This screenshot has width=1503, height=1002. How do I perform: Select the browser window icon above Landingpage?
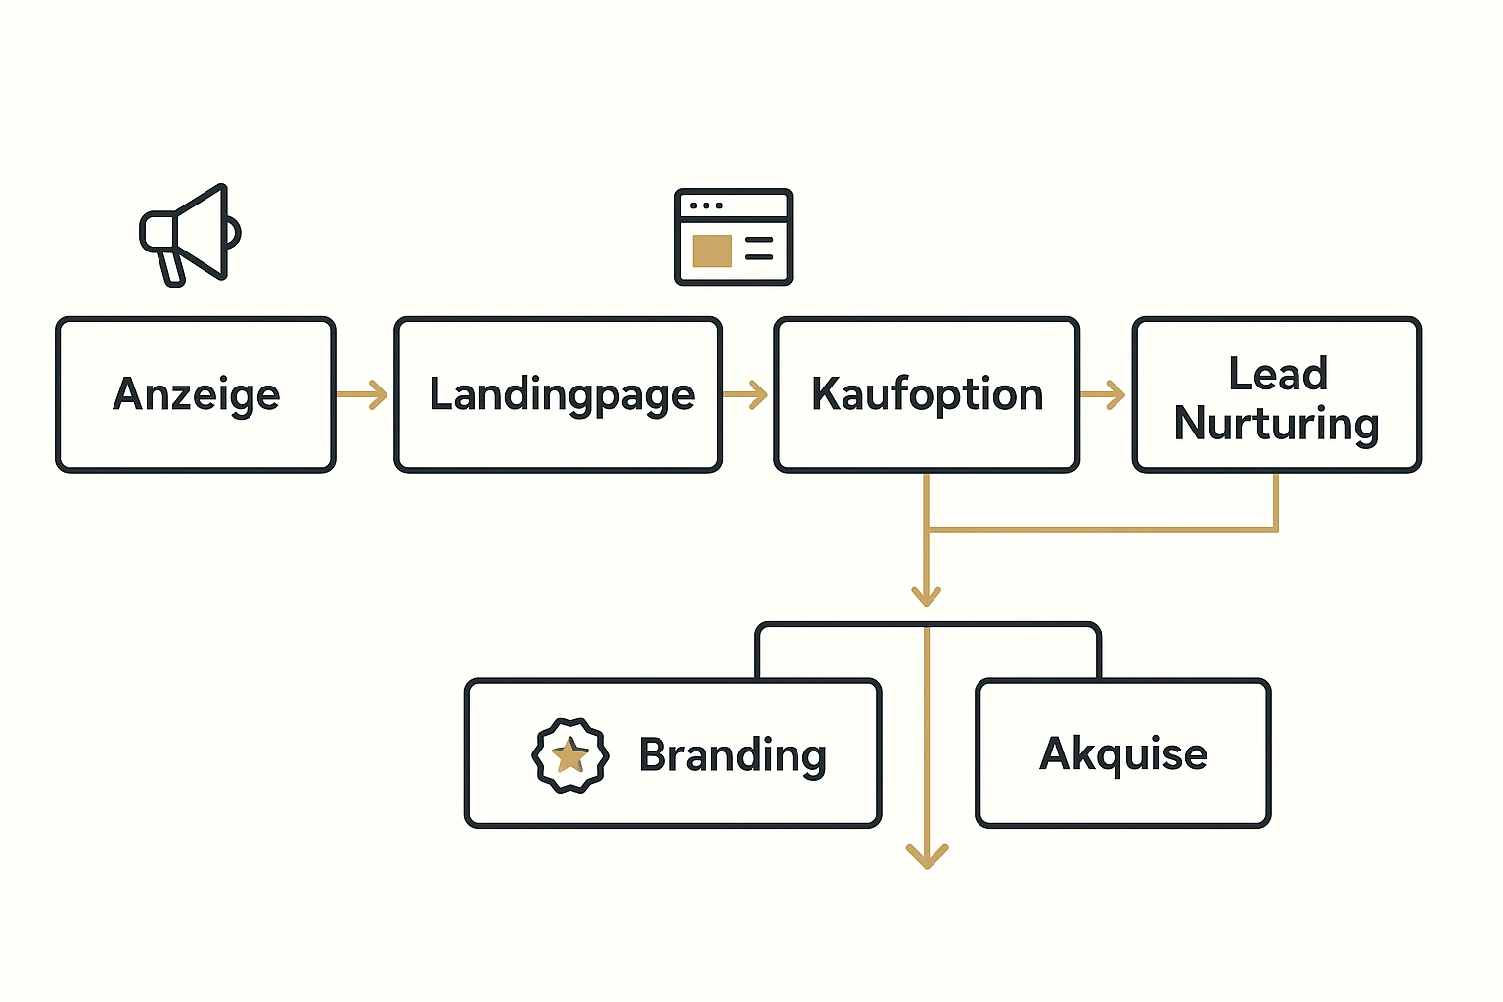coord(733,237)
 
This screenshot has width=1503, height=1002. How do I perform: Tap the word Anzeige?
coord(197,395)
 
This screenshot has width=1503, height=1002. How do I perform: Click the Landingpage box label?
coord(562,395)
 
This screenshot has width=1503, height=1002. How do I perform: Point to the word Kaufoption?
coord(927,394)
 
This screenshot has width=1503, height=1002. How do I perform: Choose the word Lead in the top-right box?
coord(1278,374)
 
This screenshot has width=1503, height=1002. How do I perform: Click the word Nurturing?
coord(1276,424)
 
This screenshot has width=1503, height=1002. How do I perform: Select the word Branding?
coord(732,755)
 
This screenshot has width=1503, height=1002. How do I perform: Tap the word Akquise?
coord(1123,754)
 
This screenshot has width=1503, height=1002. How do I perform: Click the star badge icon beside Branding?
coord(570,755)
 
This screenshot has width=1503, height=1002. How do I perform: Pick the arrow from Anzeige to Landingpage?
coord(363,395)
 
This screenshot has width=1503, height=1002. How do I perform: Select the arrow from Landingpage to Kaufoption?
coord(746,395)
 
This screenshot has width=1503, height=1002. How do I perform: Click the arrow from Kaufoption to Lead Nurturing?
coord(1104,395)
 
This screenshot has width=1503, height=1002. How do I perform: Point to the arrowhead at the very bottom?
coord(927,856)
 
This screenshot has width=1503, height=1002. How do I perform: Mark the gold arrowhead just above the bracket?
coord(926,595)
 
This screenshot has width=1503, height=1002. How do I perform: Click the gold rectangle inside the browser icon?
coord(711,250)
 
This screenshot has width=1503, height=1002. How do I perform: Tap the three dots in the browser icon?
coord(706,205)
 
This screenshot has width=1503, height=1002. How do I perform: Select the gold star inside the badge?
coord(569,755)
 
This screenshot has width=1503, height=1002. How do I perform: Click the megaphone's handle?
coord(172,266)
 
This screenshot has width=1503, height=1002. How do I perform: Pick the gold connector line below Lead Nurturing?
coord(1276,504)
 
